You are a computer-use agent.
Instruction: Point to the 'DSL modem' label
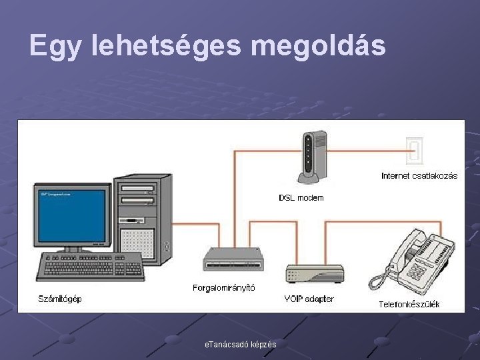click(x=301, y=198)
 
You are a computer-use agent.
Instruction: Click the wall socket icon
click(x=415, y=150)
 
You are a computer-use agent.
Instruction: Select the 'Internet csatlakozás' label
click(x=419, y=176)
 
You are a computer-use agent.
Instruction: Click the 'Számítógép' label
click(x=60, y=299)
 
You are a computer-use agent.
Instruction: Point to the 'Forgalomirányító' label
click(x=223, y=288)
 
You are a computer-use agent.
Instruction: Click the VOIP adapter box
click(x=315, y=272)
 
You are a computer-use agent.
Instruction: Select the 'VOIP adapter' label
click(x=309, y=299)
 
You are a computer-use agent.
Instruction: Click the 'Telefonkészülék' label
click(x=409, y=305)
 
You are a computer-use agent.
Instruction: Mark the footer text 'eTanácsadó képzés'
click(x=241, y=344)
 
